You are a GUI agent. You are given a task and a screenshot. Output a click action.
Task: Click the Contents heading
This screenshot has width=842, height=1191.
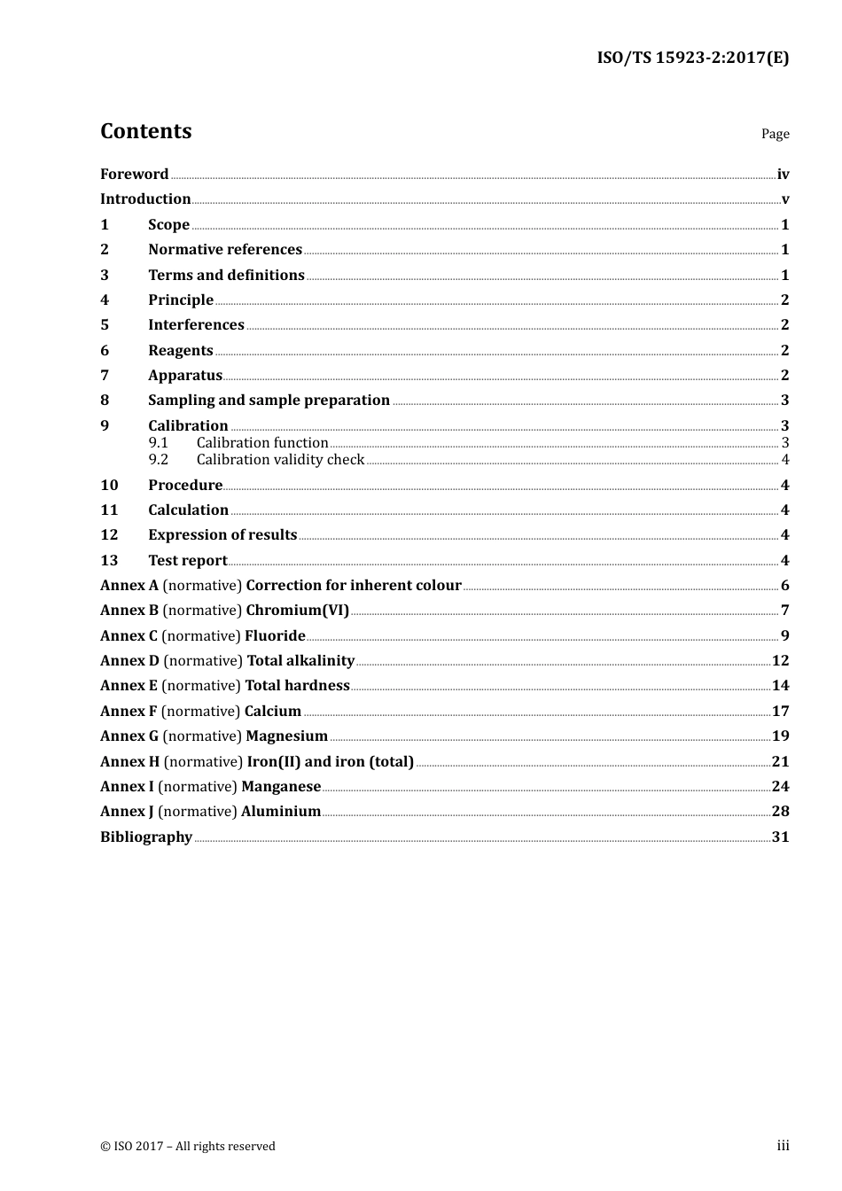(145, 131)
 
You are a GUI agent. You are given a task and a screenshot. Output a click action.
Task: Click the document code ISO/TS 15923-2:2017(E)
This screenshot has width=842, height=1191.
(692, 58)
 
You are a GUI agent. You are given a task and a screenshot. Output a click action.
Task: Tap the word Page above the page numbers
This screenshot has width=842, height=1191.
(775, 134)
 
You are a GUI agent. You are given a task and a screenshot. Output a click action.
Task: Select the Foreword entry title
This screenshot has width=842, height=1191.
(134, 175)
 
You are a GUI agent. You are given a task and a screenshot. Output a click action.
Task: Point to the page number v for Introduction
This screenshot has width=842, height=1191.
(784, 199)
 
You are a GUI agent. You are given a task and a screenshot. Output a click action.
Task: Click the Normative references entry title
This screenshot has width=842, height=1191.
(224, 250)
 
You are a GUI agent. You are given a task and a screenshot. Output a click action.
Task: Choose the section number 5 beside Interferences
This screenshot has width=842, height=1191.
(105, 325)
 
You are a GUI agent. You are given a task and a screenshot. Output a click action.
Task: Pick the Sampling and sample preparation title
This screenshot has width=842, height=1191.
(269, 401)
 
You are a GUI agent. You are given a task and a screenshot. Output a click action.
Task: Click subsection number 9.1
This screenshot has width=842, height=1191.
(158, 443)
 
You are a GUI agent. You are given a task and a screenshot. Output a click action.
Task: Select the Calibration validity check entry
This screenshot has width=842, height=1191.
(280, 460)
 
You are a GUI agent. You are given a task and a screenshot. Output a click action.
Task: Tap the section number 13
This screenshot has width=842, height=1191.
(109, 560)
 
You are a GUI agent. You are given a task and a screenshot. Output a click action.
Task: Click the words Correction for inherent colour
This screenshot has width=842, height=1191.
(354, 586)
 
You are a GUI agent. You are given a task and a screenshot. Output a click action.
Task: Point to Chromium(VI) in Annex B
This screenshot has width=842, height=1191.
(297, 611)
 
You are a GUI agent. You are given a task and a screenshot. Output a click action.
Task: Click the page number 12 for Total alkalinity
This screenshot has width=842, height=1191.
(780, 661)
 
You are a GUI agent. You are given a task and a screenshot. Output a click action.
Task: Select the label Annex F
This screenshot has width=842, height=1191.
(129, 712)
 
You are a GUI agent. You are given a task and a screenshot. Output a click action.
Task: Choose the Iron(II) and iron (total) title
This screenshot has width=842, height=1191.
(330, 762)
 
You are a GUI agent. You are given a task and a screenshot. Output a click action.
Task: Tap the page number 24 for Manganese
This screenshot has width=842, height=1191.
(780, 787)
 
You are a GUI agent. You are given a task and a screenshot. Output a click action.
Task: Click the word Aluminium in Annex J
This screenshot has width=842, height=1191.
(281, 812)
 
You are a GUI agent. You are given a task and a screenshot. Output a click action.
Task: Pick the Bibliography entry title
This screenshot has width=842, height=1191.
(146, 837)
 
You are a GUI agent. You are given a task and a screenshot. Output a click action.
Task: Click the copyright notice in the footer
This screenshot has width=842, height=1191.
(188, 1147)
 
